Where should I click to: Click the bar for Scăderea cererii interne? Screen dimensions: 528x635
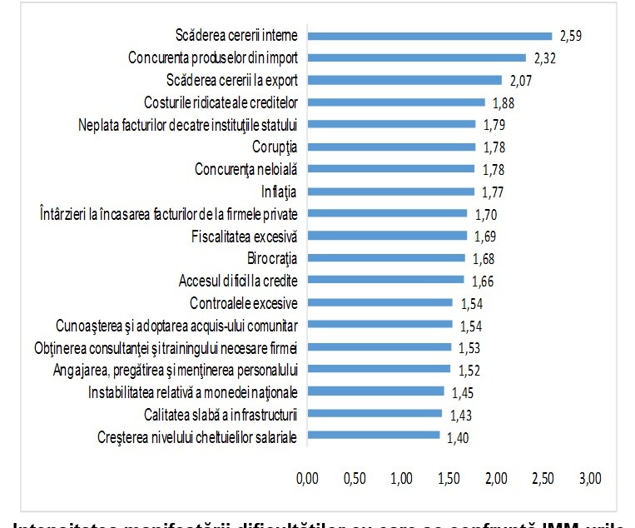[429, 36]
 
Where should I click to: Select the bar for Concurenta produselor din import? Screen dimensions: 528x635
[416, 58]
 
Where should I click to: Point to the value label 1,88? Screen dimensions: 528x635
[504, 102]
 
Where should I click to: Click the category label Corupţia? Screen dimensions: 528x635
[275, 147]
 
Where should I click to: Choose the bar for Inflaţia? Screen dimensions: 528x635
[390, 192]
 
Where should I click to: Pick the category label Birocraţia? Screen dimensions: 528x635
[273, 258]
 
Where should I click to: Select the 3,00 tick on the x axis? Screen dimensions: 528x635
[590, 480]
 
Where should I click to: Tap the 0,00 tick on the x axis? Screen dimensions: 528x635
[308, 480]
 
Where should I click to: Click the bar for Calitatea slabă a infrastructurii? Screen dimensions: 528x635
[375, 413]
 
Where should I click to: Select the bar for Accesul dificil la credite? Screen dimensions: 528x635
[385, 280]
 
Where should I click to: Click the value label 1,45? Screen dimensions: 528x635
[463, 391]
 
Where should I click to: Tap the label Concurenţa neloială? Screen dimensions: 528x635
[251, 169]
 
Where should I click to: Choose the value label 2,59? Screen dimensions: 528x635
[571, 36]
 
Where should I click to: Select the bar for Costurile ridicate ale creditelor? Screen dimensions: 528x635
[396, 102]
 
